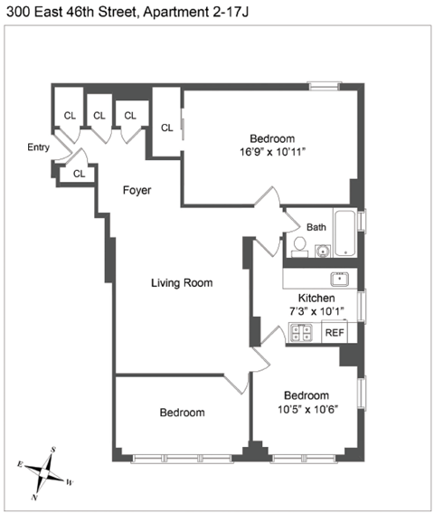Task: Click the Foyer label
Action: [x=137, y=191]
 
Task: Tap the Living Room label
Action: [x=182, y=283]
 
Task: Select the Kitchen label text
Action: [x=316, y=299]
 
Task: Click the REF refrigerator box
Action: [x=334, y=333]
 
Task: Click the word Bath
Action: [x=316, y=227]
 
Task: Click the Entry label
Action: [x=39, y=147]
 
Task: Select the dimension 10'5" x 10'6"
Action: [x=306, y=409]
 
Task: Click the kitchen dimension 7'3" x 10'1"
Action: [x=316, y=311]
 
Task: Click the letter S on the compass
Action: [x=53, y=450]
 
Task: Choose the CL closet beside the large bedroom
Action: [x=167, y=128]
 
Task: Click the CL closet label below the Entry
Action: [x=79, y=174]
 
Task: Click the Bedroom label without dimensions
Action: [x=182, y=413]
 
